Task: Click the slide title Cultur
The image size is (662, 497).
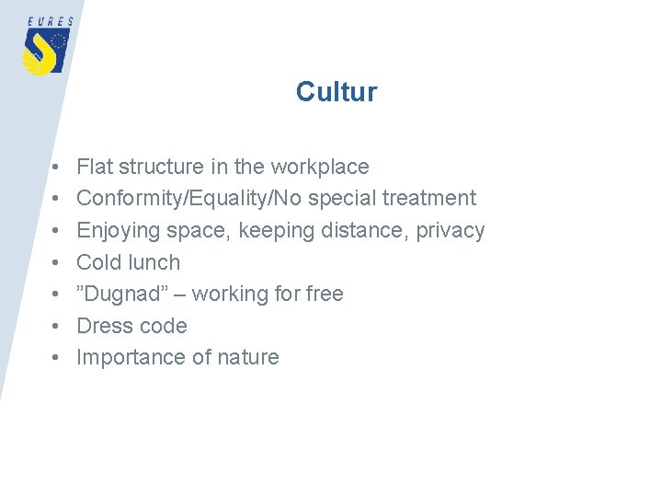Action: (x=336, y=92)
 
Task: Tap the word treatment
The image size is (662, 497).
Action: (x=430, y=198)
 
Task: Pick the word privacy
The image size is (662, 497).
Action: (x=450, y=230)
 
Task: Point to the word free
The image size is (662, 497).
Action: (x=323, y=294)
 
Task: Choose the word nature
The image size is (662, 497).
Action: (x=247, y=357)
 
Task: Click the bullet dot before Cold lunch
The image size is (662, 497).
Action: (x=57, y=263)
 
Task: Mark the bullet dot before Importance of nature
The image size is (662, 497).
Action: (x=57, y=358)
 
